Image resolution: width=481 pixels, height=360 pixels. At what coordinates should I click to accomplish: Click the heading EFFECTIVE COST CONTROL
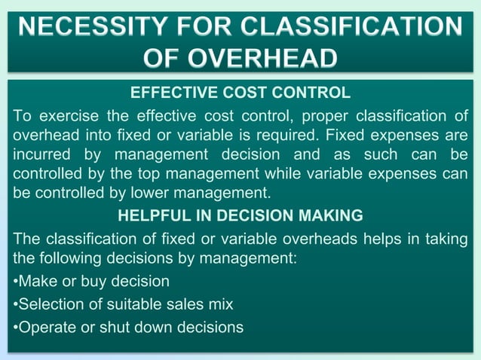coord(240,93)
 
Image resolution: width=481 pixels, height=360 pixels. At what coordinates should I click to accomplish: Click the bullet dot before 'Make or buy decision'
coord(16,282)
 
